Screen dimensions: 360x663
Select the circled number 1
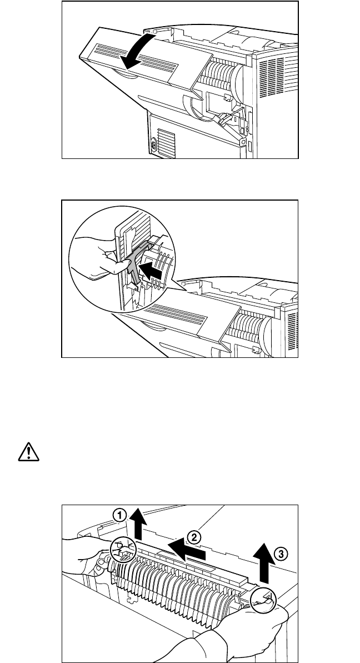118,516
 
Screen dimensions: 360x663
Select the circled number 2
193,537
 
